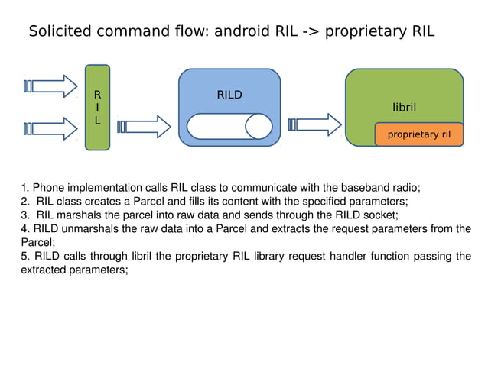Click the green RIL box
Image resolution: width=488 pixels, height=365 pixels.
(x=97, y=108)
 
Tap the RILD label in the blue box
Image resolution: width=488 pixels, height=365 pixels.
(x=229, y=95)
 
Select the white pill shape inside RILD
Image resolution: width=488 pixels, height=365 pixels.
(x=229, y=126)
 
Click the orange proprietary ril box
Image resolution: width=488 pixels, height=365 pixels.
(x=419, y=134)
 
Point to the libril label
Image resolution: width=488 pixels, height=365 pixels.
(x=404, y=108)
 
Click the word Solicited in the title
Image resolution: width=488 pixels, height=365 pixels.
(x=57, y=32)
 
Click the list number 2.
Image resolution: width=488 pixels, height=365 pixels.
(x=24, y=202)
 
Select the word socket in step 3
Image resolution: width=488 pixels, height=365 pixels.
(x=381, y=215)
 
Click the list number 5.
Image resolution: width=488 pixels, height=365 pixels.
(x=24, y=256)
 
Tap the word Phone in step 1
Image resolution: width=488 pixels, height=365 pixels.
(x=47, y=187)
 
